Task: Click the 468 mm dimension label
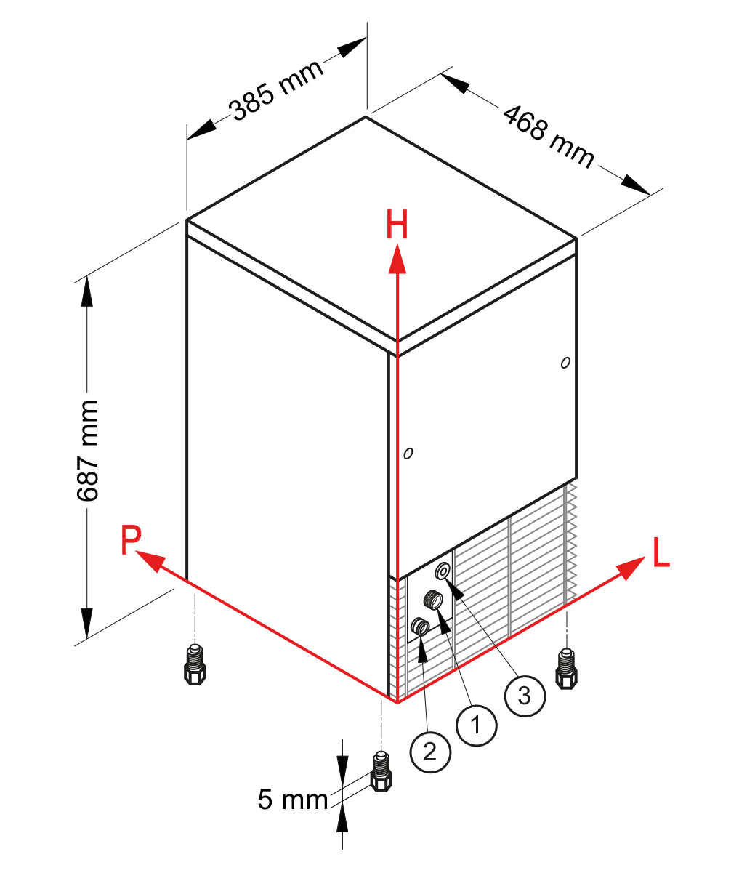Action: [x=549, y=136]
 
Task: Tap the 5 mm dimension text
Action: [x=293, y=800]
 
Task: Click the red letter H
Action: [x=397, y=225]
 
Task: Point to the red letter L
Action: [x=661, y=552]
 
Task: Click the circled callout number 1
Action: [x=477, y=725]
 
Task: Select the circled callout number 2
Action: [x=430, y=752]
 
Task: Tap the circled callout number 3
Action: [x=525, y=696]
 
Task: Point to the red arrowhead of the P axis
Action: [x=150, y=561]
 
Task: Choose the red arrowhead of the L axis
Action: [x=631, y=567]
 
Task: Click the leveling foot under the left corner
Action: [x=195, y=664]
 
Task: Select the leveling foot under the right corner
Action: [x=566, y=669]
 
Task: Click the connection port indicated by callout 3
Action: [x=443, y=571]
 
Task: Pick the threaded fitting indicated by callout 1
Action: [x=433, y=598]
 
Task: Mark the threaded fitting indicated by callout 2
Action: [x=420, y=627]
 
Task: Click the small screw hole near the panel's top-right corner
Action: [x=565, y=363]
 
